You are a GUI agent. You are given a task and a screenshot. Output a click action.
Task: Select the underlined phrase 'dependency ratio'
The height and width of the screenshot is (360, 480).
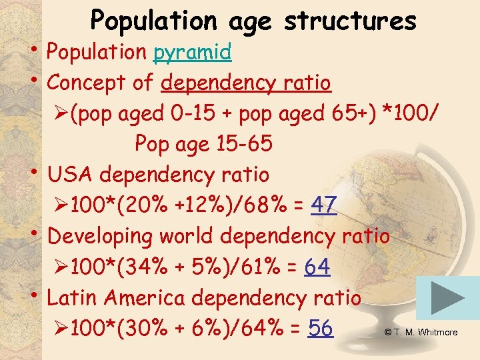tap(246, 83)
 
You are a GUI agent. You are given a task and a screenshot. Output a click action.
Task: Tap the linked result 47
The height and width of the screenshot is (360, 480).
tap(323, 205)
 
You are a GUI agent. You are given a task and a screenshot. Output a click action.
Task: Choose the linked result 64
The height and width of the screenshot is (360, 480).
tap(317, 267)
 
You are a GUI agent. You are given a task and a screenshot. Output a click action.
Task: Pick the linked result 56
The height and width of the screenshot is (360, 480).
tap(321, 328)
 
